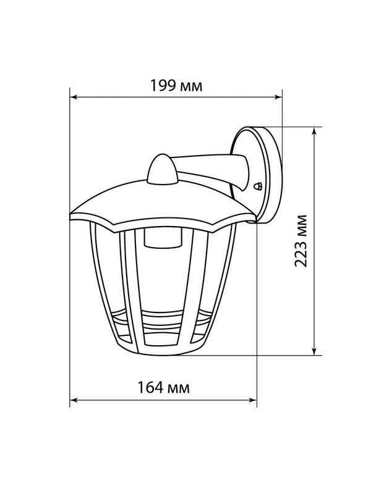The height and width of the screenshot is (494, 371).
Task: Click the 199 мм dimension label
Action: [176, 86]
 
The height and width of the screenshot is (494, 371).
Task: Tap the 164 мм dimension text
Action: [163, 387]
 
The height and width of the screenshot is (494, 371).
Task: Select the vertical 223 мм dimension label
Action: [301, 241]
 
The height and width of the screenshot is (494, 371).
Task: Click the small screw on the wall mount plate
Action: [258, 186]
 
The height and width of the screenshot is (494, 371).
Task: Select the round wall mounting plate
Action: [256, 175]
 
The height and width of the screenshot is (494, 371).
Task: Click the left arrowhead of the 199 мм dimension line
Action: [73, 97]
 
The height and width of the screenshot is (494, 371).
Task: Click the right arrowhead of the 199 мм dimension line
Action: [279, 97]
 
